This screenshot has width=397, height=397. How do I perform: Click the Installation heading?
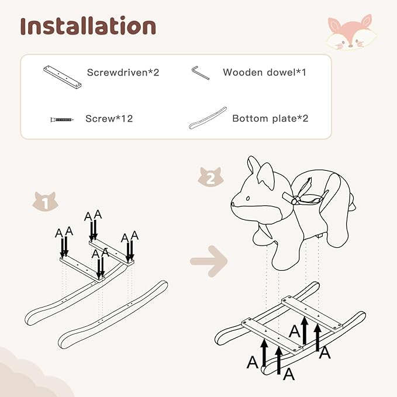[x=88, y=26]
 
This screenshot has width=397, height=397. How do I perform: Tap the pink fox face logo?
[x=351, y=32]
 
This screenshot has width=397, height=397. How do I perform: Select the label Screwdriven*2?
[x=123, y=73]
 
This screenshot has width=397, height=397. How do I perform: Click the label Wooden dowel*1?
[x=264, y=73]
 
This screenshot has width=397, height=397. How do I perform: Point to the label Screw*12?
[x=109, y=119]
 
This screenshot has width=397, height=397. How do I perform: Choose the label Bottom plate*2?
[x=270, y=118]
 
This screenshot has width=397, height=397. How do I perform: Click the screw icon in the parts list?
[x=62, y=119]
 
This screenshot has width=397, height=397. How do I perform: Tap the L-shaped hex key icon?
[x=201, y=73]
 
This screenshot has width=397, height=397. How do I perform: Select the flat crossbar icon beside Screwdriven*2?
[x=63, y=77]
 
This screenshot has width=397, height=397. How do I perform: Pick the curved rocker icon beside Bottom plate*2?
[x=208, y=118]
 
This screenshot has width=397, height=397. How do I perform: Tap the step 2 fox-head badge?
[x=210, y=177]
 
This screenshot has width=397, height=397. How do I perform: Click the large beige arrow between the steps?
[x=209, y=261]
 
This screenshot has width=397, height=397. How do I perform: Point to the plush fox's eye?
[x=248, y=198]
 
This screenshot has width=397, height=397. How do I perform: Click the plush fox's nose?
[x=233, y=203]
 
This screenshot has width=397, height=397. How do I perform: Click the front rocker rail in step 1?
[x=113, y=315]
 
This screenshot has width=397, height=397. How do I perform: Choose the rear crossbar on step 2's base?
[x=312, y=312]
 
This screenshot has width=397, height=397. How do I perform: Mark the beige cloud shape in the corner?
[x=30, y=375]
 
